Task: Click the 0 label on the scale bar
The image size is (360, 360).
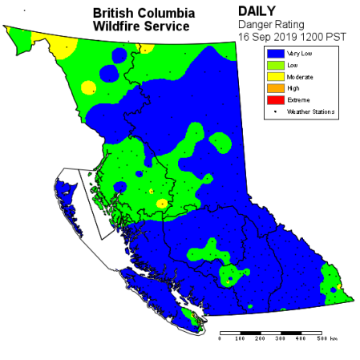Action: (x=220, y=339)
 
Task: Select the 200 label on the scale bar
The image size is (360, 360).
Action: (x=260, y=339)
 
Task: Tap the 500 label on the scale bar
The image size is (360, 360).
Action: (x=320, y=339)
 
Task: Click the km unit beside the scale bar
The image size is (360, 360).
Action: (x=334, y=339)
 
